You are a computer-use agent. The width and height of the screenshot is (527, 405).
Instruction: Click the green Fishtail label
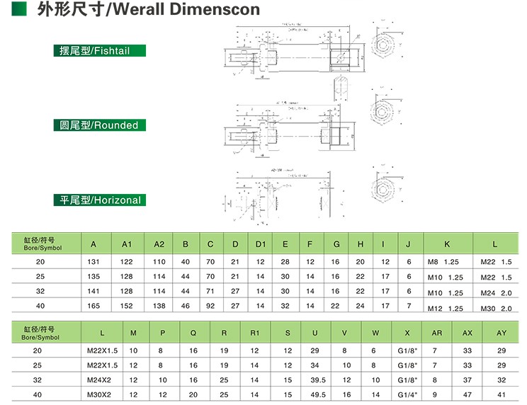[x=100, y=51]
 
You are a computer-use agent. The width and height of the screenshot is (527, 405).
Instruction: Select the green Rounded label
[x=100, y=125]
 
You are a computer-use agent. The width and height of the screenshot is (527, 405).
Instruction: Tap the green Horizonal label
[x=100, y=200]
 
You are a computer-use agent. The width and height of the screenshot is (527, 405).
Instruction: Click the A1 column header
[x=127, y=244]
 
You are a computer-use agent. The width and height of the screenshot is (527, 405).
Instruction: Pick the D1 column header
[x=260, y=244]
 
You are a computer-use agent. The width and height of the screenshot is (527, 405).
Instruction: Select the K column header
[x=446, y=244]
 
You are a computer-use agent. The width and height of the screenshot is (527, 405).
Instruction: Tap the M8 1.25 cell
[x=445, y=263]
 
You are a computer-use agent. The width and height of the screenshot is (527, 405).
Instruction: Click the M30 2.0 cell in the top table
[x=496, y=308]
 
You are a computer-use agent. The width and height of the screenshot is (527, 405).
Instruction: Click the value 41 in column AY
[x=501, y=394]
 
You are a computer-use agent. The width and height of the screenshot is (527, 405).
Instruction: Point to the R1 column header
[x=254, y=333]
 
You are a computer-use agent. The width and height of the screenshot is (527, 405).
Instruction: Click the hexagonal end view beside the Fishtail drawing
[x=384, y=50]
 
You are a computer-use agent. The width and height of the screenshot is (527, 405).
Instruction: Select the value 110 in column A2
[x=159, y=262]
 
